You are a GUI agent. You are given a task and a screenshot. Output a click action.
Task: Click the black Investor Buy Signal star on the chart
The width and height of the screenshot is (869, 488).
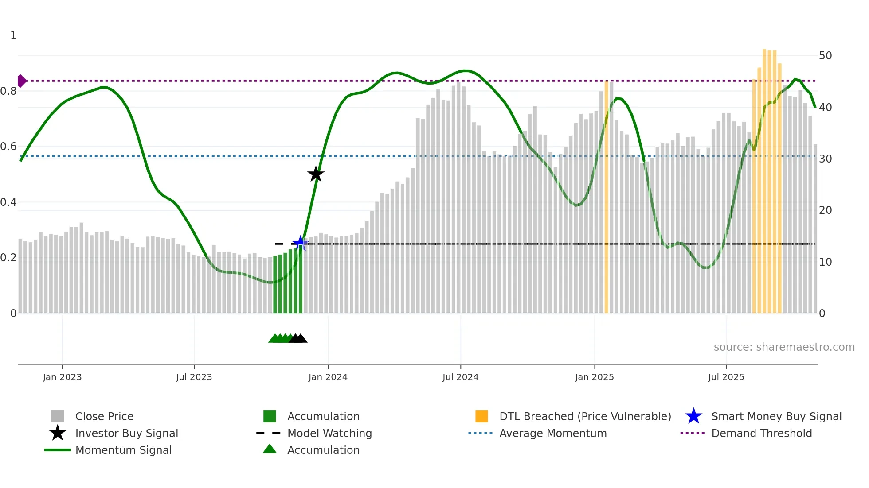(316, 174)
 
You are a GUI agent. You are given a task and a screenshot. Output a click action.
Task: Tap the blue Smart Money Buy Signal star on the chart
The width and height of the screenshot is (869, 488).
(300, 243)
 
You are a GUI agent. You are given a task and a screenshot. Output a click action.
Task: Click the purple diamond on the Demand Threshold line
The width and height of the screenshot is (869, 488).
(21, 81)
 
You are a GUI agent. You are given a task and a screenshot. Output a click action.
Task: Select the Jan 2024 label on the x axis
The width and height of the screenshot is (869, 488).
(328, 377)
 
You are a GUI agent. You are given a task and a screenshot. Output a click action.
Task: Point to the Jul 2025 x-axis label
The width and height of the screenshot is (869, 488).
(726, 377)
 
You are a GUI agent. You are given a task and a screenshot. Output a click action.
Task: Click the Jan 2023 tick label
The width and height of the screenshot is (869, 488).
(62, 377)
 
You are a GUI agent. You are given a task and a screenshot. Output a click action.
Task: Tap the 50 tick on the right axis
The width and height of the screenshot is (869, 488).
(825, 56)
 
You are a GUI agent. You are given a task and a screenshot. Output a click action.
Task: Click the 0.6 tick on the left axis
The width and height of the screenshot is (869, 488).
(9, 147)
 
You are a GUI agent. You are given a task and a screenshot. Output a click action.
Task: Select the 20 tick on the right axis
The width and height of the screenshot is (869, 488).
(825, 210)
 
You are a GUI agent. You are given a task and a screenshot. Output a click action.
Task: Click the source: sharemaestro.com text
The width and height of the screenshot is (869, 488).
(784, 347)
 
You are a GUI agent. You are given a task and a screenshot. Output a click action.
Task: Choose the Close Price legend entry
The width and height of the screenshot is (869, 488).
(104, 416)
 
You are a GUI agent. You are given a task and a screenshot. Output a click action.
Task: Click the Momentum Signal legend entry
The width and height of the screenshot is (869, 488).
(123, 450)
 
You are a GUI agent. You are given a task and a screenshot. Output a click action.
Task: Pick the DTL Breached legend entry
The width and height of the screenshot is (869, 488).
(585, 416)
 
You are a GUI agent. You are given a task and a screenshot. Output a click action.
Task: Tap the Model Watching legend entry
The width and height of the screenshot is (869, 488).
(329, 433)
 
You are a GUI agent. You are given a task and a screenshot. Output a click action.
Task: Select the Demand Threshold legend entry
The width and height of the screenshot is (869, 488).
(761, 433)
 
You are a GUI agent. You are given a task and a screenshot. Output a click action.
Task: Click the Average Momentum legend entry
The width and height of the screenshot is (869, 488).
(553, 433)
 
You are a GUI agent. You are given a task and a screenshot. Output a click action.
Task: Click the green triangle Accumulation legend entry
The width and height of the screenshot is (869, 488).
(323, 450)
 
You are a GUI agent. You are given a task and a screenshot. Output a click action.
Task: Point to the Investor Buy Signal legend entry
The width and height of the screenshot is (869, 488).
(126, 433)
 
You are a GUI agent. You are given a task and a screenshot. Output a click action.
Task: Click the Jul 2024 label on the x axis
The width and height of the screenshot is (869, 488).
(460, 377)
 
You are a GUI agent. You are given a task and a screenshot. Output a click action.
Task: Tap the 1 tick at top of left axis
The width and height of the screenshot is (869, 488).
(13, 35)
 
